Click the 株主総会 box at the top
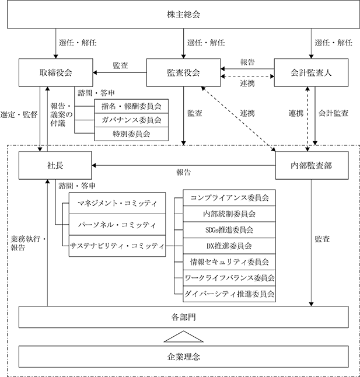pos(184,15)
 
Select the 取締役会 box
pos(56,72)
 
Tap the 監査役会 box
pos(184,72)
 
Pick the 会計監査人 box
pos(311,72)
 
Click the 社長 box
pos(55,165)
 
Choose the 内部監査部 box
pos(312,165)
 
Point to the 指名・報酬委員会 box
pos(131,106)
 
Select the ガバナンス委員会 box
pos(131,120)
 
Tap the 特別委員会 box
pos(131,134)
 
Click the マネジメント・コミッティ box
pos(117,203)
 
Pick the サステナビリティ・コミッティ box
pos(117,246)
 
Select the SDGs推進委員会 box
pos(229,230)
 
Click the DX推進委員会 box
pos(229,246)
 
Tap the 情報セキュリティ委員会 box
pos(229,262)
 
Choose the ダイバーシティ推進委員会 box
pos(229,294)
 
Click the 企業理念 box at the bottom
pos(184,357)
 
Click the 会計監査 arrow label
pos(333,113)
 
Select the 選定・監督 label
pos(19,114)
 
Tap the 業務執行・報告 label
pos(28,243)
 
